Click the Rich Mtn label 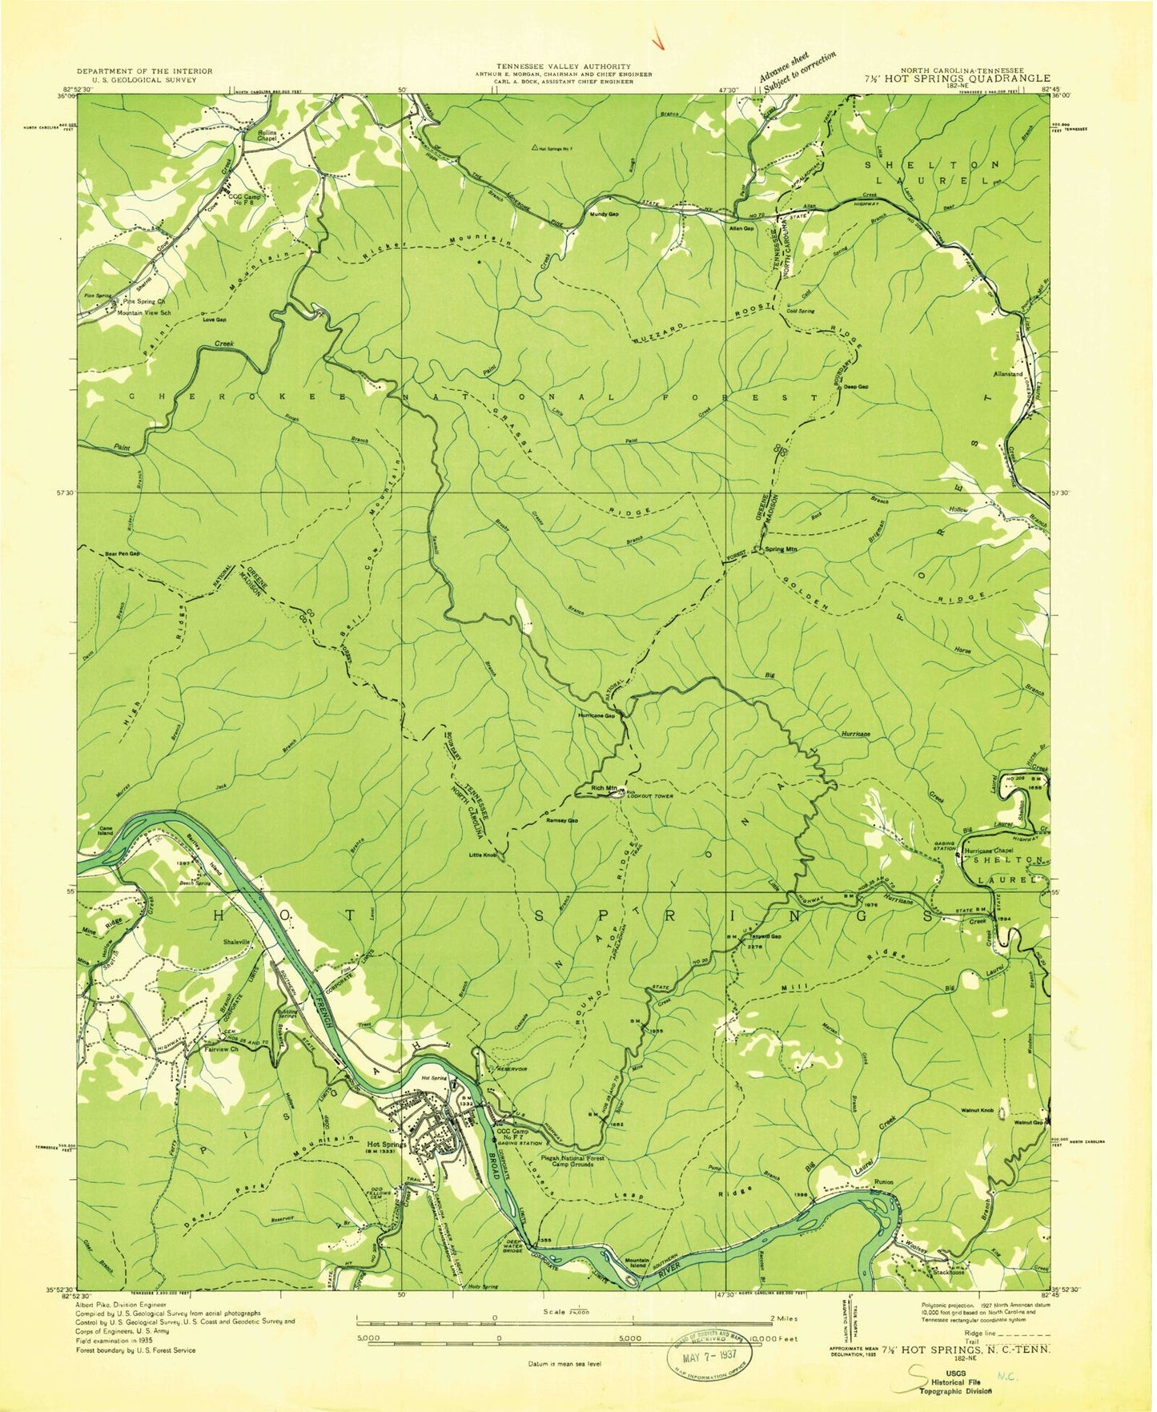(x=604, y=788)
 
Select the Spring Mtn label (x=781, y=549)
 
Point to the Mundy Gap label (x=604, y=215)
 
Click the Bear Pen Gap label (x=123, y=553)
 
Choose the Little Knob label (x=483, y=855)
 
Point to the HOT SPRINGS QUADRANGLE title (x=992, y=78)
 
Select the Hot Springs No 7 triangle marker (x=535, y=147)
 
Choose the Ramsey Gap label (x=561, y=820)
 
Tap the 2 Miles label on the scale (x=783, y=1318)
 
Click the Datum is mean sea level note (x=564, y=1364)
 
